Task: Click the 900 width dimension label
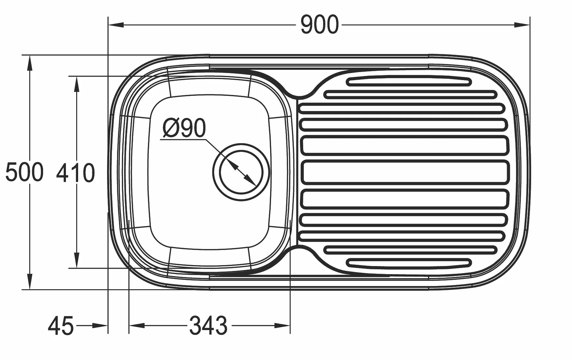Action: [320, 25]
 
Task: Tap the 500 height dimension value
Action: [24, 172]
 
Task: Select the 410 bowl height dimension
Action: [76, 173]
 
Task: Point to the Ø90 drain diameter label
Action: [184, 128]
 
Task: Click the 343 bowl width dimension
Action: [208, 325]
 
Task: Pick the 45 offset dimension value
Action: [61, 326]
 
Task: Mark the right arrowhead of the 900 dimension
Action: [521, 25]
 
